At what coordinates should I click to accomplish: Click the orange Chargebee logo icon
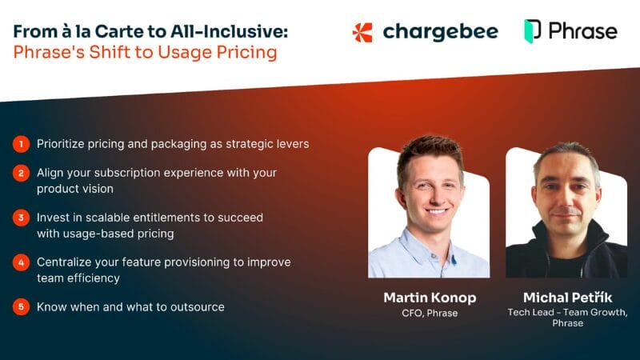362,32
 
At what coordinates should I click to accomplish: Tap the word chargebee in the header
440,32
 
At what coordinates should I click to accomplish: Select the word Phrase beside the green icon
582,31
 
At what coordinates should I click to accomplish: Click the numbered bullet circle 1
20,144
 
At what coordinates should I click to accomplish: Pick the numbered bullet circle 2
20,173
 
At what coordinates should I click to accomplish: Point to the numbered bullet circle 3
20,218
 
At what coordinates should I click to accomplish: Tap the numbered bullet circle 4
20,262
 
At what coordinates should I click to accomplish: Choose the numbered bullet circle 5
20,306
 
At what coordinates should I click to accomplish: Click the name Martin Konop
430,298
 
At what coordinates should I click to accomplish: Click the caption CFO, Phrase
430,313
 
